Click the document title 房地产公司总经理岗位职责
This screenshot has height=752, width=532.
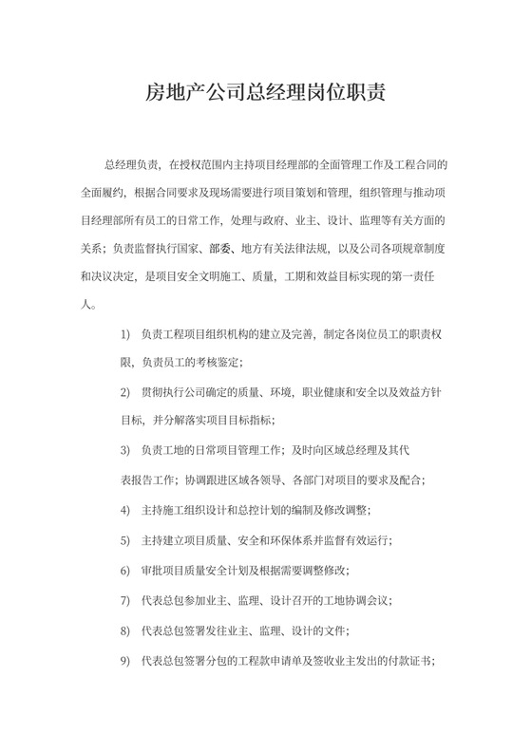click(265, 95)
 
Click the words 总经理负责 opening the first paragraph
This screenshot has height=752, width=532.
click(133, 164)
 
